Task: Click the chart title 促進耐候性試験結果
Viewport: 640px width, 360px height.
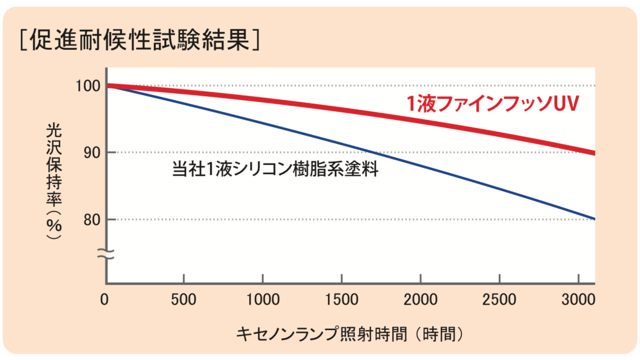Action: pyautogui.click(x=140, y=41)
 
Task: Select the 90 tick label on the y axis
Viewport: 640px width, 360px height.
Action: pyautogui.click(x=91, y=153)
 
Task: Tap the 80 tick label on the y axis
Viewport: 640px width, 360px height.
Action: pyautogui.click(x=91, y=220)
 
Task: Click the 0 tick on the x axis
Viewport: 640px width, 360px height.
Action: pyautogui.click(x=105, y=300)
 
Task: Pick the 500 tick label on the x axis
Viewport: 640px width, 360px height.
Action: pyautogui.click(x=184, y=300)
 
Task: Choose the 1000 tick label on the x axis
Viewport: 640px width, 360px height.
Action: pyautogui.click(x=262, y=300)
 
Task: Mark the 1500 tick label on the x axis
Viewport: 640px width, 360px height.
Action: pyautogui.click(x=341, y=300)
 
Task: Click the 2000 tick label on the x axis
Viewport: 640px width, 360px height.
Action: pyautogui.click(x=420, y=300)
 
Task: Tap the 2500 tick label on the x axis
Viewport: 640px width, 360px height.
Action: pyautogui.click(x=499, y=300)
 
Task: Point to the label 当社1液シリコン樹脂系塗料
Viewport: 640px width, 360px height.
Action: pyautogui.click(x=275, y=169)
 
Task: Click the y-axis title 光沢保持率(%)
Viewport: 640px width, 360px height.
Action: pyautogui.click(x=54, y=182)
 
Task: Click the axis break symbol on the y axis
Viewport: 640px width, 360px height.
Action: pyautogui.click(x=106, y=254)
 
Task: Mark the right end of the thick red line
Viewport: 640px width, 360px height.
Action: pyautogui.click(x=594, y=153)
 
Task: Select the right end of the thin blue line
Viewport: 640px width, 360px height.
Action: pyautogui.click(x=594, y=219)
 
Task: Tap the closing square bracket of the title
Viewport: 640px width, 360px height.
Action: pyautogui.click(x=255, y=41)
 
